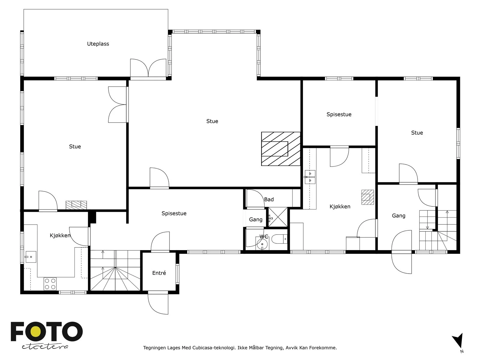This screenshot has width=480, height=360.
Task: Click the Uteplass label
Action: pyautogui.click(x=98, y=44)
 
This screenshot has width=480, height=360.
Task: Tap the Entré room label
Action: pyautogui.click(x=159, y=273)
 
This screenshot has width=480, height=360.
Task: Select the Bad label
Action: pyautogui.click(x=269, y=199)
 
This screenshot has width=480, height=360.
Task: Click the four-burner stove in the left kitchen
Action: pyautogui.click(x=50, y=284)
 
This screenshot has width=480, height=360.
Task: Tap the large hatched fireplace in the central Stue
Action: pyautogui.click(x=281, y=149)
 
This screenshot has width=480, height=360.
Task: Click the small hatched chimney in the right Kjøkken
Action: pyautogui.click(x=367, y=197)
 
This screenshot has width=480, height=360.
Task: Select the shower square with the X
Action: pyautogui.click(x=278, y=217)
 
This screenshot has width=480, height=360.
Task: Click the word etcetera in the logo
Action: pyautogui.click(x=45, y=346)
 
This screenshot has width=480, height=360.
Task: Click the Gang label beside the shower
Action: pyautogui.click(x=256, y=220)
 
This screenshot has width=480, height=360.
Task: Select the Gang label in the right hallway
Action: pyautogui.click(x=398, y=216)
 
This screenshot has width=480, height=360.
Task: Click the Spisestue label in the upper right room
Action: pyautogui.click(x=339, y=115)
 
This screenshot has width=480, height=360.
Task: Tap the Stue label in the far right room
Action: pyautogui.click(x=417, y=133)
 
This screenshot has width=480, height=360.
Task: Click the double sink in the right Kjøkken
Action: pyautogui.click(x=310, y=177)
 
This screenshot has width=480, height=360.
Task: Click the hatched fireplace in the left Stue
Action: pyautogui.click(x=76, y=205)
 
